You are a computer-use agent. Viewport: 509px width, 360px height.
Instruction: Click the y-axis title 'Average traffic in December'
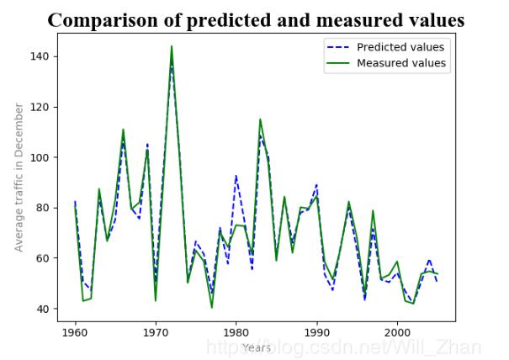click(x=19, y=177)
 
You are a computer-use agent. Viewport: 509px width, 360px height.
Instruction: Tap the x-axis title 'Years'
click(x=256, y=347)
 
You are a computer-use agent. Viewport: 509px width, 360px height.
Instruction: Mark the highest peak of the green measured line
click(x=172, y=46)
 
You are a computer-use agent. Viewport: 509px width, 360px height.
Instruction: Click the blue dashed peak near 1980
click(x=236, y=176)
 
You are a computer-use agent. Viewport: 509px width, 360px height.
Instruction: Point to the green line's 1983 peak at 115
click(x=260, y=119)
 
